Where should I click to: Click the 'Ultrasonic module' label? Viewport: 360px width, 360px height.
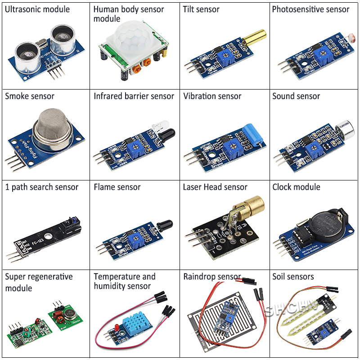point(37,9)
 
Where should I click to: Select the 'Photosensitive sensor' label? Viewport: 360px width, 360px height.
point(310,9)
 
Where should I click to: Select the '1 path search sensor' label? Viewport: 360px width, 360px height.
point(41,187)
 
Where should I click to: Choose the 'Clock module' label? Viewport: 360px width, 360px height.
point(296,187)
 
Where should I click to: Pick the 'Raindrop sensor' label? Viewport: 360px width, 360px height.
point(212,277)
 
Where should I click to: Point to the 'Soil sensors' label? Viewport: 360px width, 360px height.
point(293,277)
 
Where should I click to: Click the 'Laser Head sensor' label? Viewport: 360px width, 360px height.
point(215,187)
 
